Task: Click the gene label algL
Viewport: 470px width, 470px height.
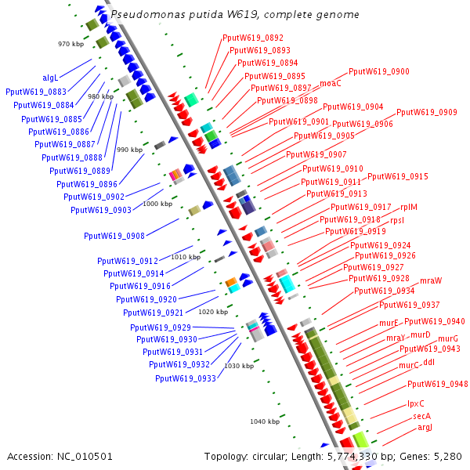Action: tap(50, 78)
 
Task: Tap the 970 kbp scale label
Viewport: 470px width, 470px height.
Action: tap(70, 44)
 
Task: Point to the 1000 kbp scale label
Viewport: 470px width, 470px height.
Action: tap(157, 204)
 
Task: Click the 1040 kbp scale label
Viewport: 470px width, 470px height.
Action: tap(265, 421)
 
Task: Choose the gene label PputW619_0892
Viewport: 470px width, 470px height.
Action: tap(253, 38)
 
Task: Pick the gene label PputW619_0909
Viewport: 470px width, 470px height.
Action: tap(427, 112)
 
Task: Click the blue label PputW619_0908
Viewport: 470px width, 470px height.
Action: tap(114, 236)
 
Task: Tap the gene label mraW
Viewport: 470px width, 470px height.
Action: tap(431, 280)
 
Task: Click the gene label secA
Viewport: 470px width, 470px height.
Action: tap(422, 416)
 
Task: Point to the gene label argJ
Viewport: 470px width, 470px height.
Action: tap(425, 427)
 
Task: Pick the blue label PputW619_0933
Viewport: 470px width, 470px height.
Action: tap(186, 378)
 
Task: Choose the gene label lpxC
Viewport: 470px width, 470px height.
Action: tap(415, 403)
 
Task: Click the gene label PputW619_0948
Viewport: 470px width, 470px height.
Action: tap(438, 384)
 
